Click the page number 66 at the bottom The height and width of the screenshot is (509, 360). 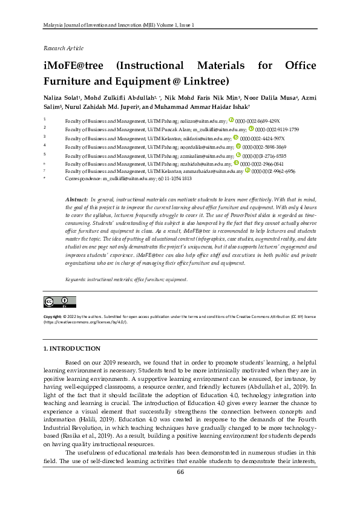click(x=180, y=489)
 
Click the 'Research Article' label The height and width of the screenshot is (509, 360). click(x=64, y=48)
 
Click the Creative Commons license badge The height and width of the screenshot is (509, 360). click(x=59, y=302)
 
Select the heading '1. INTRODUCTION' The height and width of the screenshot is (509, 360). click(x=72, y=349)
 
